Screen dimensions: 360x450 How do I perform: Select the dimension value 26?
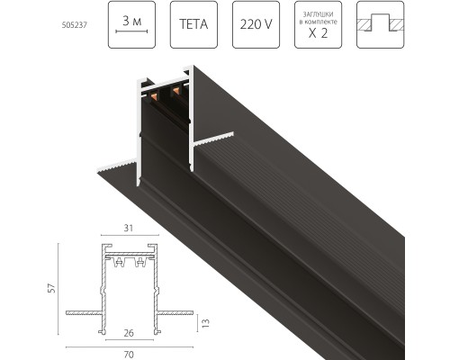[128, 332]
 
